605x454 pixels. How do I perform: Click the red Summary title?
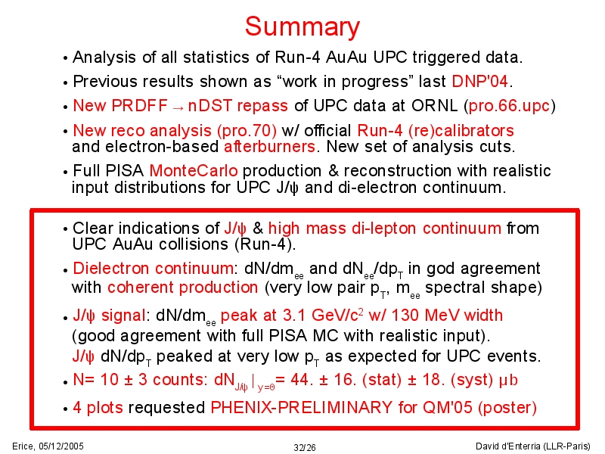[302, 27]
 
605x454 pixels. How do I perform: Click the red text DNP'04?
[479, 82]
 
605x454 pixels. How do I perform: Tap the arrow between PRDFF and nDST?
[178, 107]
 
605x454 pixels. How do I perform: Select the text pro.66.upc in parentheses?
[509, 106]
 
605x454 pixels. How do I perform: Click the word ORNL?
[434, 106]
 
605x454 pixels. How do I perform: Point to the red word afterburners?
[269, 147]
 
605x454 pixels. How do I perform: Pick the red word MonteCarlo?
[194, 171]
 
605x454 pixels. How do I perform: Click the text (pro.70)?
[247, 131]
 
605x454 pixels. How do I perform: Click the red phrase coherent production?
[182, 288]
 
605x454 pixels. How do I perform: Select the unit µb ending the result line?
[507, 381]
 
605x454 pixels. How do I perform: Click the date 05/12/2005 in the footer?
[61, 446]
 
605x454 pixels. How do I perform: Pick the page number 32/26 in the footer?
[305, 447]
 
